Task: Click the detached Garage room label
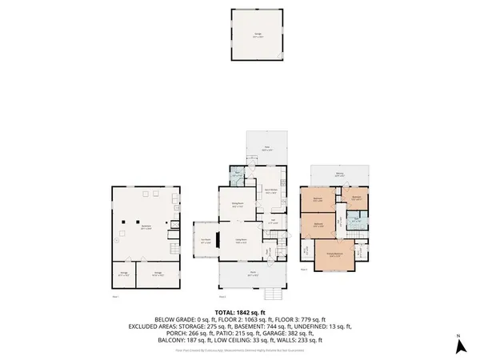(258, 34)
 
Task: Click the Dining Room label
(238, 206)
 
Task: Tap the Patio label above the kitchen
(267, 147)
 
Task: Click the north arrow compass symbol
(460, 346)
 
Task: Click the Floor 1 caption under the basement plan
(116, 296)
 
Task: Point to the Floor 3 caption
(305, 270)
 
